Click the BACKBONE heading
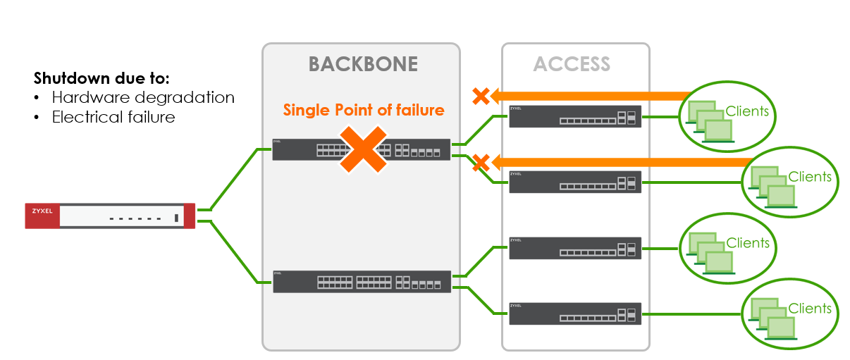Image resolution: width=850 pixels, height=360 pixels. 363,64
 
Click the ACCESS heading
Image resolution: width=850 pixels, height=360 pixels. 572,64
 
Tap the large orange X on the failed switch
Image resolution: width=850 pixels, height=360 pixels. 362,149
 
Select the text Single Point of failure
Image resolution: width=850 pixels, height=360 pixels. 364,110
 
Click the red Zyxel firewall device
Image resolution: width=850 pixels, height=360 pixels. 110,216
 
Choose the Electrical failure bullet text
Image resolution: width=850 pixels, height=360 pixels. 113,117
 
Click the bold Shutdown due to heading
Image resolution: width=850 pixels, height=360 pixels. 101,77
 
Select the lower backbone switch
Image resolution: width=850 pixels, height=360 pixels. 361,281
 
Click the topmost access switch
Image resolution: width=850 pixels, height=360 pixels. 575,117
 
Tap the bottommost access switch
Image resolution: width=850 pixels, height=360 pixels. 575,314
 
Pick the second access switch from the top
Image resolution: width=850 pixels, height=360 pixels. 575,182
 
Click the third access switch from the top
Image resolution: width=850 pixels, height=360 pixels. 575,248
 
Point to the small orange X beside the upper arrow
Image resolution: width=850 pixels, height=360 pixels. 481,96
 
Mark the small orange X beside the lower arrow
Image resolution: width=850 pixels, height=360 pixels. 481,163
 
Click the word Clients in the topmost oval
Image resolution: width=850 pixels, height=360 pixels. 746,111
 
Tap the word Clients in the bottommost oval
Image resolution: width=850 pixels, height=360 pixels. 810,309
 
